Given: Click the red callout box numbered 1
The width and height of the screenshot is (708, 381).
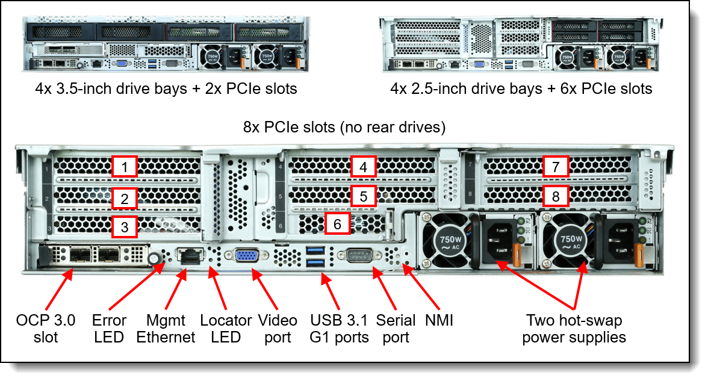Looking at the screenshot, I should [x=125, y=167].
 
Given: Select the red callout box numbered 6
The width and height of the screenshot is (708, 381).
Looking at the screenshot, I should [x=337, y=224].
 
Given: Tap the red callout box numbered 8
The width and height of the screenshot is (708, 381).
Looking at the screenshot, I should [x=556, y=196].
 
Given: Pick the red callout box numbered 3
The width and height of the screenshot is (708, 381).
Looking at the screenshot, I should [x=125, y=227].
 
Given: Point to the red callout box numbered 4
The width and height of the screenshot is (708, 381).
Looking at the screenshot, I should [x=363, y=167].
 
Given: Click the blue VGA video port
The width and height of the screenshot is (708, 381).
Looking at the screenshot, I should [x=243, y=256].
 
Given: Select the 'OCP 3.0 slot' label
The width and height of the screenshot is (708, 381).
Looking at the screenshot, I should [x=46, y=329].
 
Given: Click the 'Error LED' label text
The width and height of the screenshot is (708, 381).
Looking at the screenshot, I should [x=109, y=329].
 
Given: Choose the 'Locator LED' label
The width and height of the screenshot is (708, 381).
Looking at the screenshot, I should [x=226, y=329].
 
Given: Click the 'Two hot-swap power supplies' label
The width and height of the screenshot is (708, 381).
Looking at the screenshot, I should [x=574, y=329].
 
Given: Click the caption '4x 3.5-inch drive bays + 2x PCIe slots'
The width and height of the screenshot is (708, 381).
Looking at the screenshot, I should [x=166, y=89].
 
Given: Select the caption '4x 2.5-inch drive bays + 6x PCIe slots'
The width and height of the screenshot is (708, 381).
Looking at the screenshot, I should [x=521, y=89].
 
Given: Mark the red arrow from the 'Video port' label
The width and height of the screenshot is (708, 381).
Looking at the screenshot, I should [x=266, y=291].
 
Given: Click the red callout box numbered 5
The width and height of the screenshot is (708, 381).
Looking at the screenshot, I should [x=363, y=196].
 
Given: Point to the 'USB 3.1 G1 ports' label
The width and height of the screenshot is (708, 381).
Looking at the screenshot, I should [x=339, y=329].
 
